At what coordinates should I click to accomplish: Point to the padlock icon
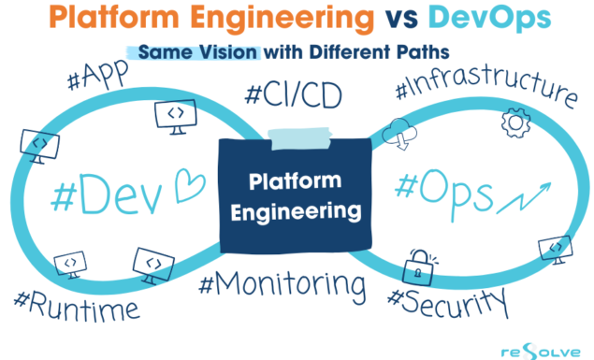416,266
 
